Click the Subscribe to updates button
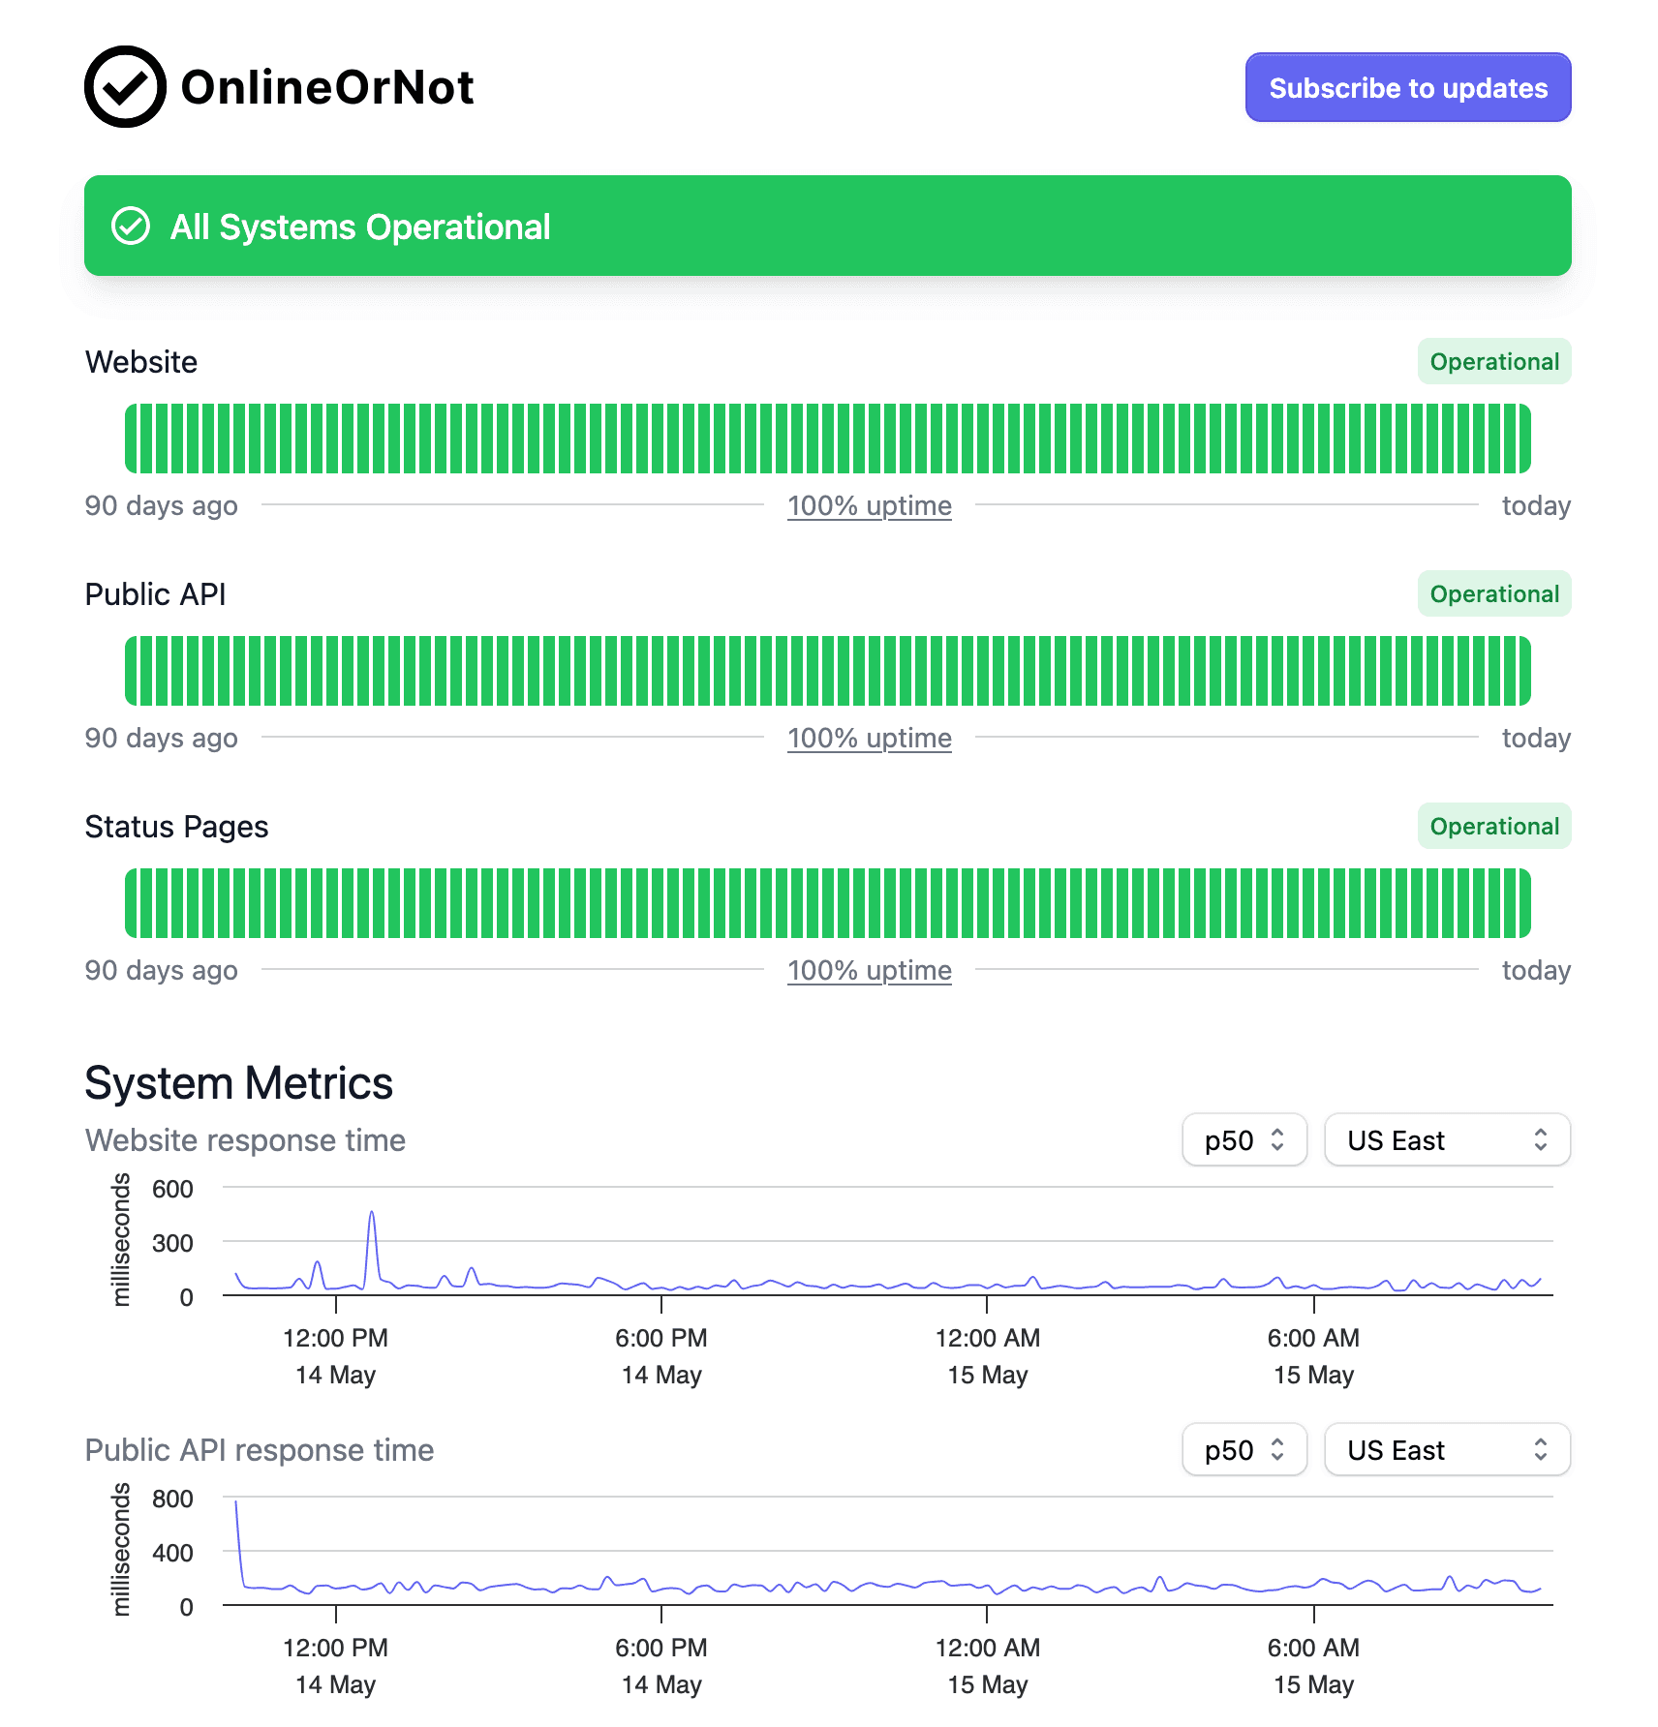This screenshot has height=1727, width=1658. tap(1407, 88)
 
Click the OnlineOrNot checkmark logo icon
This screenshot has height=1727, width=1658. tap(125, 87)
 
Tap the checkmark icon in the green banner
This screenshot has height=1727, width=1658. tap(131, 227)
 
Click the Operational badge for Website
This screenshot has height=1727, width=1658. tap(1493, 362)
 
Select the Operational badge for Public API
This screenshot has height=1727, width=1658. tap(1493, 594)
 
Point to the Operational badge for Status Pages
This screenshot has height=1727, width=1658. tap(1493, 827)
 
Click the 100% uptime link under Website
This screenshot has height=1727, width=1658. tap(869, 505)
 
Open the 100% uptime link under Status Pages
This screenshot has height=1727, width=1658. tap(869, 970)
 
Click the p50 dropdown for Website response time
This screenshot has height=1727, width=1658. tap(1243, 1140)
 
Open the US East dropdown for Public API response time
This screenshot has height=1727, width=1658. tap(1446, 1450)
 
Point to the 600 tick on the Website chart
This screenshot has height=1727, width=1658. tap(172, 1189)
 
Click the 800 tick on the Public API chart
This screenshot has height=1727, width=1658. tap(172, 1499)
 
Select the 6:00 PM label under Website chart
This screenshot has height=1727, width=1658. tap(661, 1339)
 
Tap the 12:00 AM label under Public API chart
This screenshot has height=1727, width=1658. tap(987, 1649)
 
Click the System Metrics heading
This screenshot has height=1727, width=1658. tap(238, 1083)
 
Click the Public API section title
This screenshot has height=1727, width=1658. tap(155, 594)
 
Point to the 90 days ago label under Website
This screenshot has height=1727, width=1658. tap(161, 505)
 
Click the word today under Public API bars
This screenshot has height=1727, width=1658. tap(1536, 738)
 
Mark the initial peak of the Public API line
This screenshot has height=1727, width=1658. tap(236, 1503)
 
